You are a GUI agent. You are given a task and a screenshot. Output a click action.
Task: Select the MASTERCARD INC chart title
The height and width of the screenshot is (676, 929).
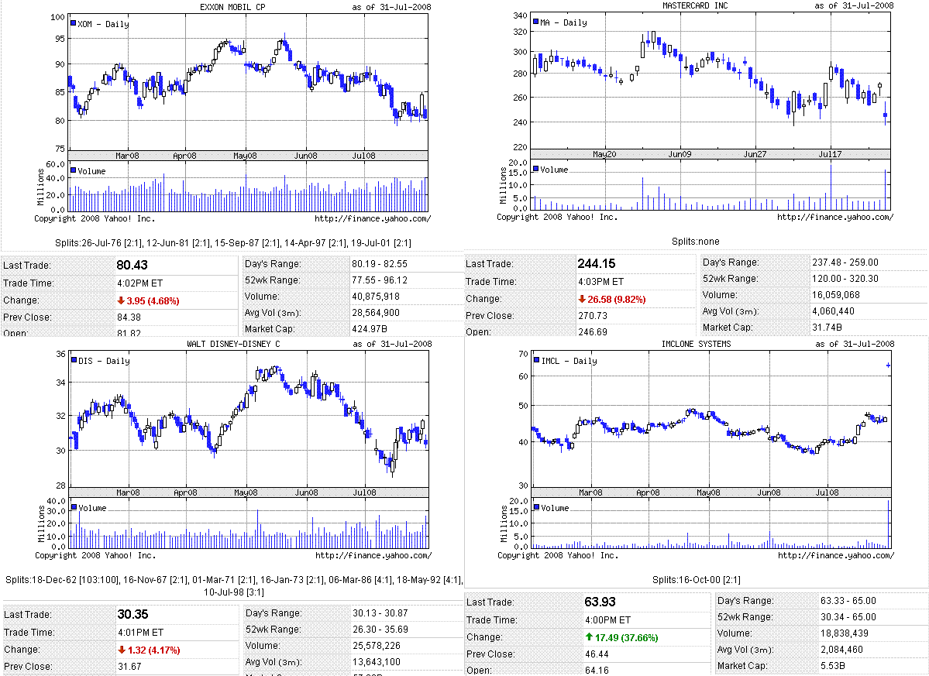(x=695, y=5)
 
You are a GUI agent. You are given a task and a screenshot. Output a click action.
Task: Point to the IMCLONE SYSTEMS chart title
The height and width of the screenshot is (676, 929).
(x=696, y=344)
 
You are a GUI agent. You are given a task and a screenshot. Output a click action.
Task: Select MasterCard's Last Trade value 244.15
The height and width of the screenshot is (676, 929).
(x=597, y=264)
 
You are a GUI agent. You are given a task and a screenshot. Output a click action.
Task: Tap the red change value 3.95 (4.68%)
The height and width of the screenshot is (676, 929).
(x=148, y=300)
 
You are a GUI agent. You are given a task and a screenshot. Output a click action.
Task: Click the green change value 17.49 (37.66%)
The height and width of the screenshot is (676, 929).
(x=621, y=637)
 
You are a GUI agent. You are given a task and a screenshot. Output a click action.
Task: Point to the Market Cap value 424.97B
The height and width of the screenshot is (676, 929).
(x=370, y=329)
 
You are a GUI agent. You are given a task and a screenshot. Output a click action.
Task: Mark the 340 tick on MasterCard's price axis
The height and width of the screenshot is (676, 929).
(x=520, y=16)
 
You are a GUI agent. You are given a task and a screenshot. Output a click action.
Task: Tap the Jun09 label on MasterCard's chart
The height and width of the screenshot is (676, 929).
(x=679, y=155)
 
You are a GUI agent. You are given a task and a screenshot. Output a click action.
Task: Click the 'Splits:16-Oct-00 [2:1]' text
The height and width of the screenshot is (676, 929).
(x=695, y=579)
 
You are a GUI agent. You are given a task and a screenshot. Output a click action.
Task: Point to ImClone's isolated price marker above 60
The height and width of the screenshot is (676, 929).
(x=888, y=365)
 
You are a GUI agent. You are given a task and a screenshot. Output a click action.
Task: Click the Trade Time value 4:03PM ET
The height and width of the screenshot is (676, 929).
(x=605, y=282)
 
